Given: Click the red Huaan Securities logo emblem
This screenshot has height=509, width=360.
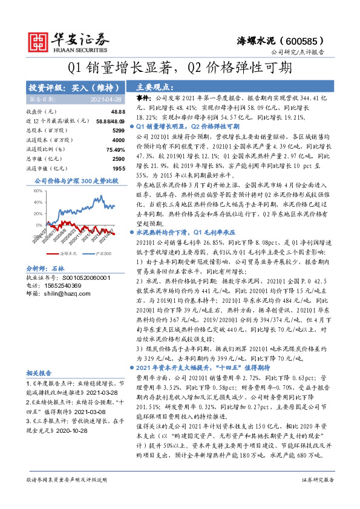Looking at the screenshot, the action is (x=39, y=41).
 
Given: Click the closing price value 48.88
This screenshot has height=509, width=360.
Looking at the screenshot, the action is (x=117, y=112).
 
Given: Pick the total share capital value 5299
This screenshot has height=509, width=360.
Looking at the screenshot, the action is (x=119, y=130).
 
